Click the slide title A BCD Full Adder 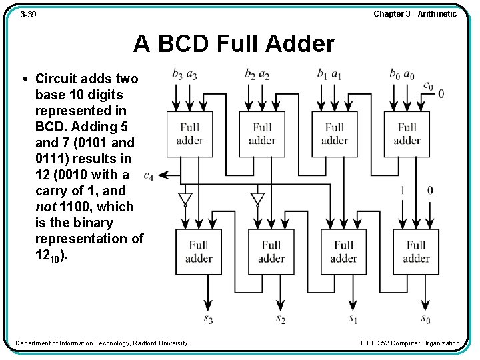click(233, 44)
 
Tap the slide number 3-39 click(28, 13)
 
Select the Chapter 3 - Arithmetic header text click(415, 13)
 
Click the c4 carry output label click(148, 176)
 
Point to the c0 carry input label click(428, 85)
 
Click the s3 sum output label click(208, 319)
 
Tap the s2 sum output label click(281, 319)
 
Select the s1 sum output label click(353, 319)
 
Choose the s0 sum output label click(425, 319)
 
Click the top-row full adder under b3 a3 click(189, 134)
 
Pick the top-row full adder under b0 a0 click(407, 134)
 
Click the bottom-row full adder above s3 click(199, 252)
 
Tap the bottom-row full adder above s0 click(416, 252)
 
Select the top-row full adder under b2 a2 click(262, 134)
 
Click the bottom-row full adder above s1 click(343, 252)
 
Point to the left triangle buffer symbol click(185, 199)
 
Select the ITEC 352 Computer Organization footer click(409, 343)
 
